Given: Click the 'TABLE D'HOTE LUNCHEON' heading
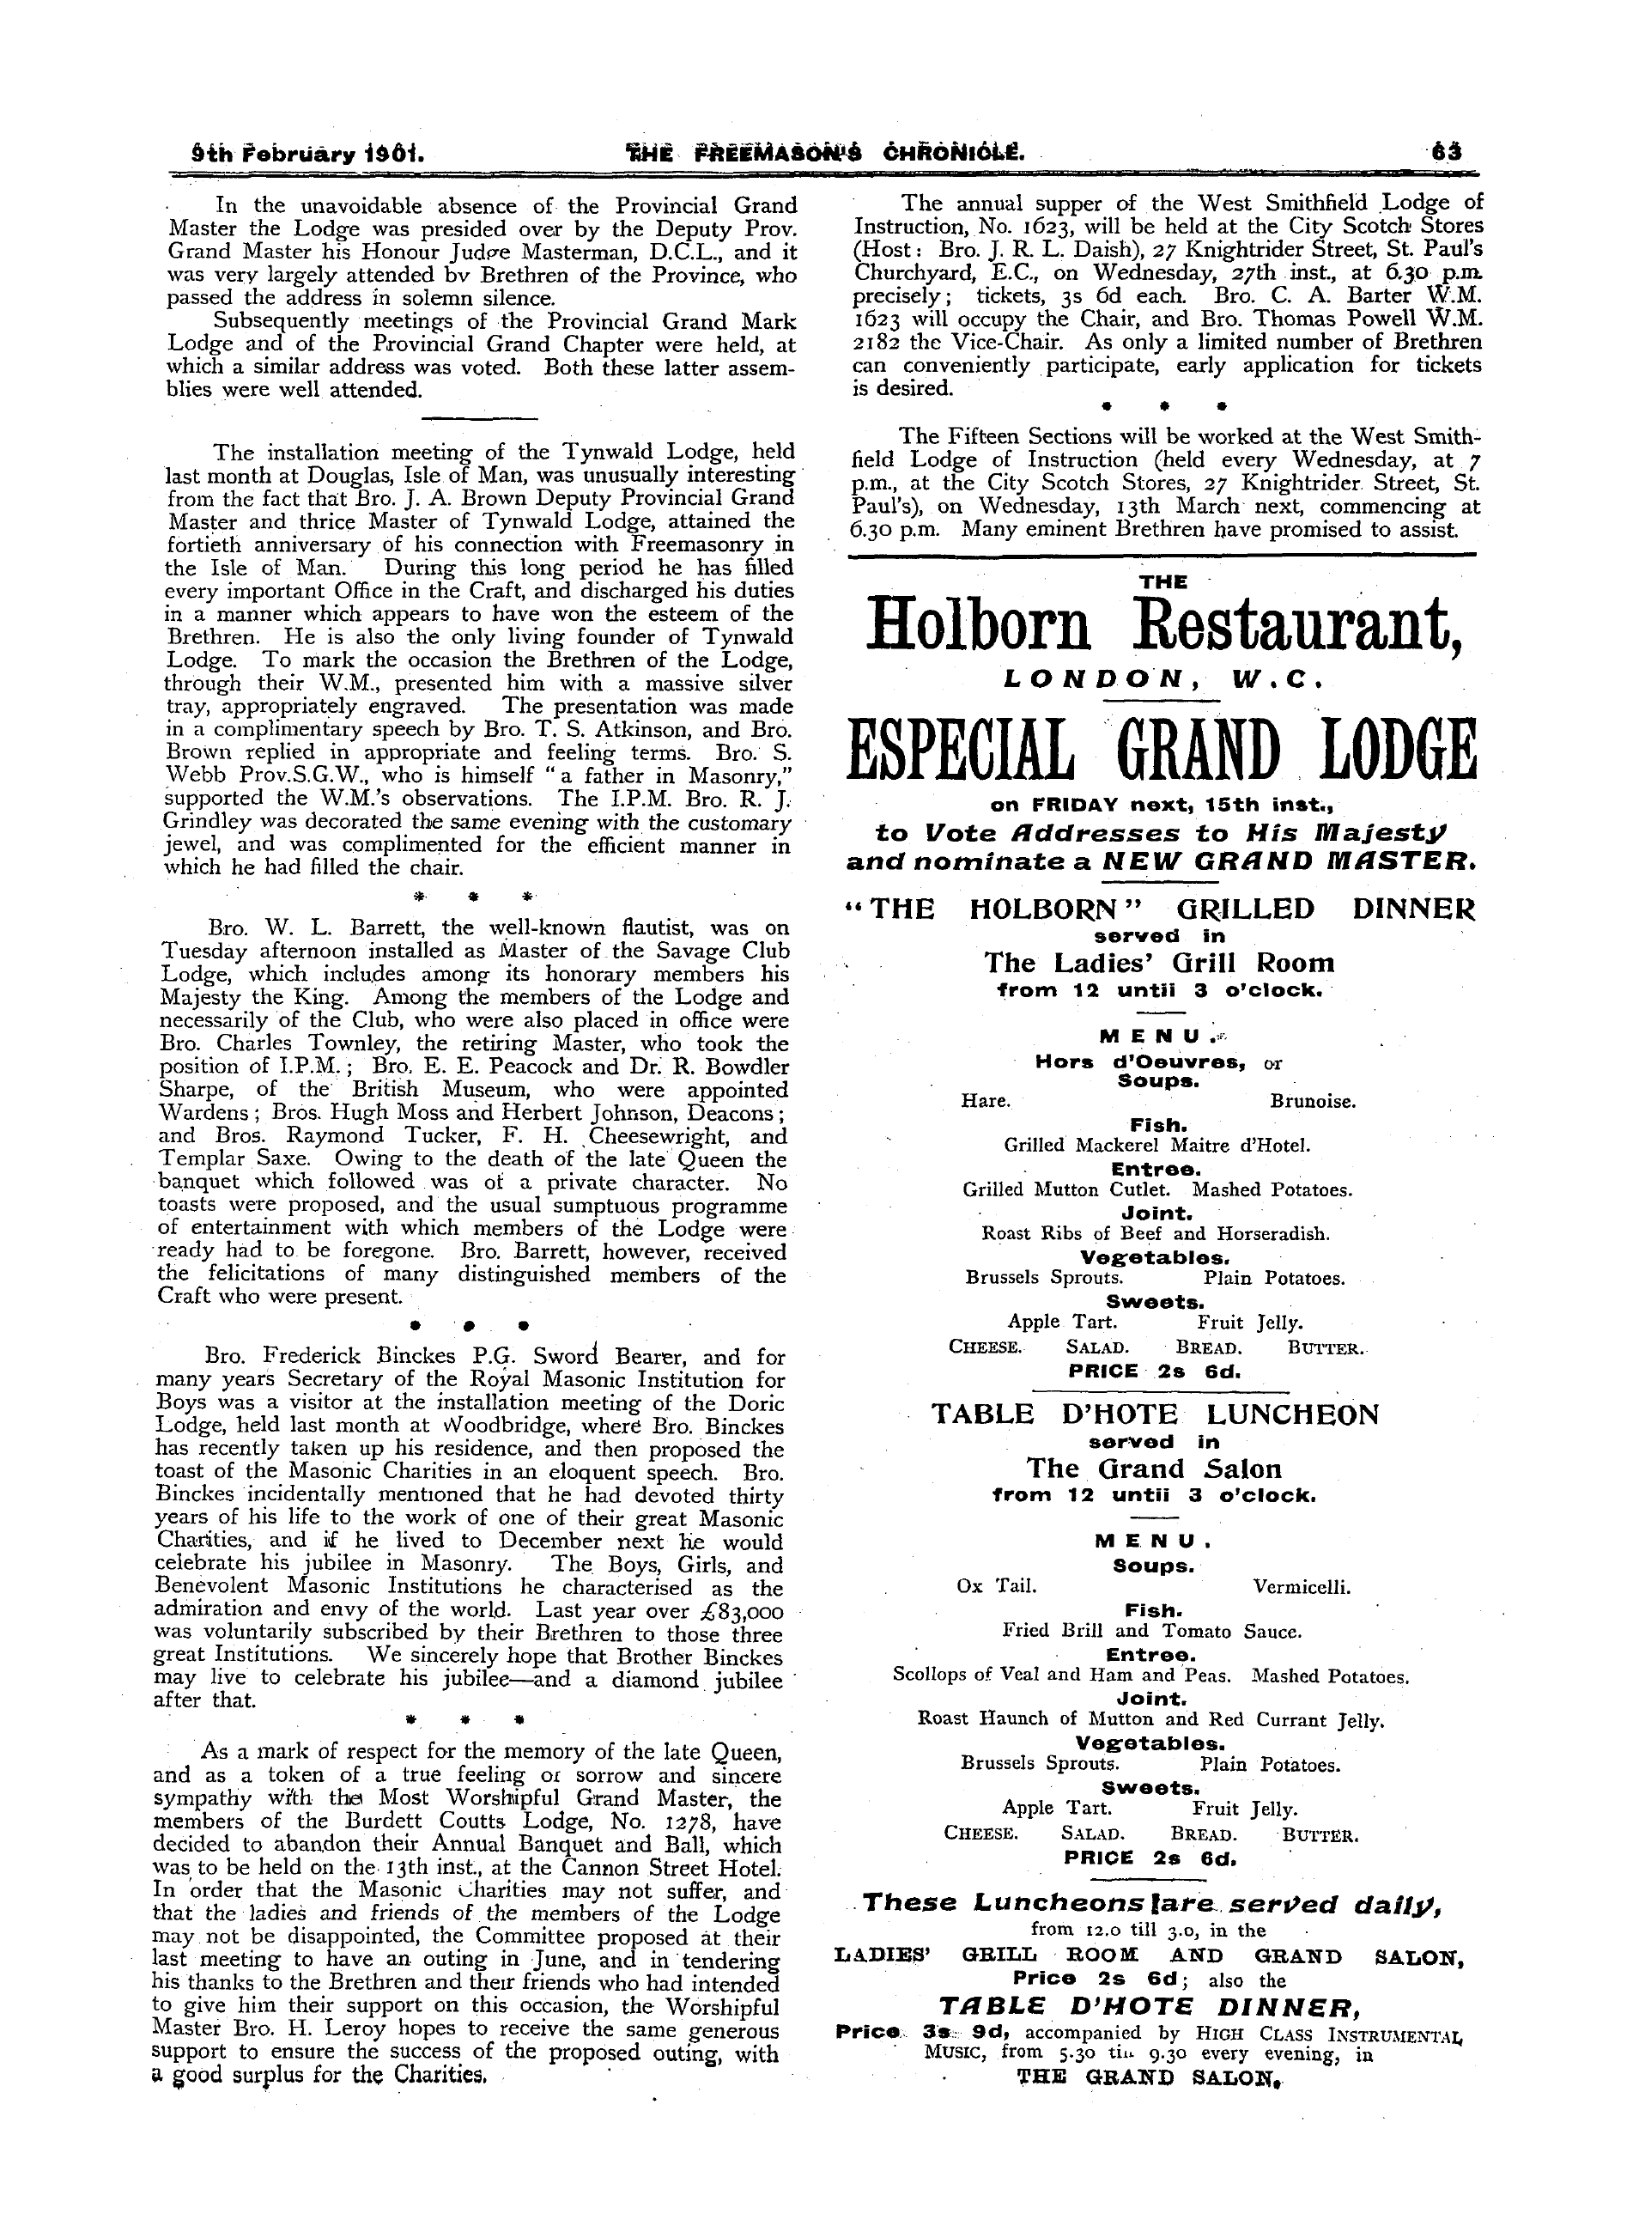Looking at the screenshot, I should [1155, 1414].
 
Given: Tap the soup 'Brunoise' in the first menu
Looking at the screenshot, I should [1312, 1101].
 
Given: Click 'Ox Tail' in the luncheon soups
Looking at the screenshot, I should [996, 1586].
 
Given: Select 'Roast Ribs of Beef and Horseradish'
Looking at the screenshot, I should [1155, 1235].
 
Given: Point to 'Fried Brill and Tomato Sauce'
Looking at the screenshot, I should [1152, 1631].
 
